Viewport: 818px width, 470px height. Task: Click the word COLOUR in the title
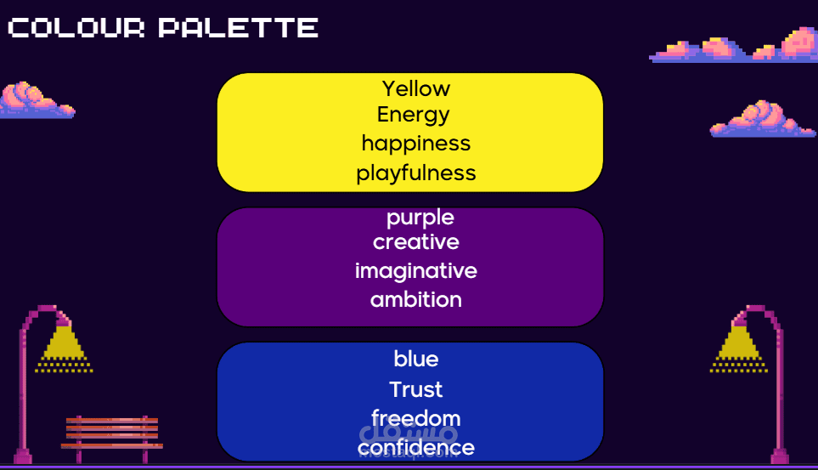(x=76, y=28)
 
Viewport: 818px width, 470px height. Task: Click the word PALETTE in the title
(x=239, y=28)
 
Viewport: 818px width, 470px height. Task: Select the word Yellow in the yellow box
(x=415, y=88)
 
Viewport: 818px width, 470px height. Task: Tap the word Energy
(x=413, y=116)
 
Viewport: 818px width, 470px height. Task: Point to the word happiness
(x=415, y=144)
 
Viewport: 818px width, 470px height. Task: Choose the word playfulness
(x=415, y=173)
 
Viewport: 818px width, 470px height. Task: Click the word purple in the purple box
(x=420, y=218)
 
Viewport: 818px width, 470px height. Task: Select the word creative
(x=415, y=241)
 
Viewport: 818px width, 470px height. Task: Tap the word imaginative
(x=415, y=272)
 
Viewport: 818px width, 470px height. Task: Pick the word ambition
(x=415, y=300)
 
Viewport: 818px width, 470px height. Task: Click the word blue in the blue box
(x=415, y=359)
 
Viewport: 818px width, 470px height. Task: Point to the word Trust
(x=415, y=389)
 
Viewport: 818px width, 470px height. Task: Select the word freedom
(x=415, y=418)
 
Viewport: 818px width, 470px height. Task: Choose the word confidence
(x=415, y=448)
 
